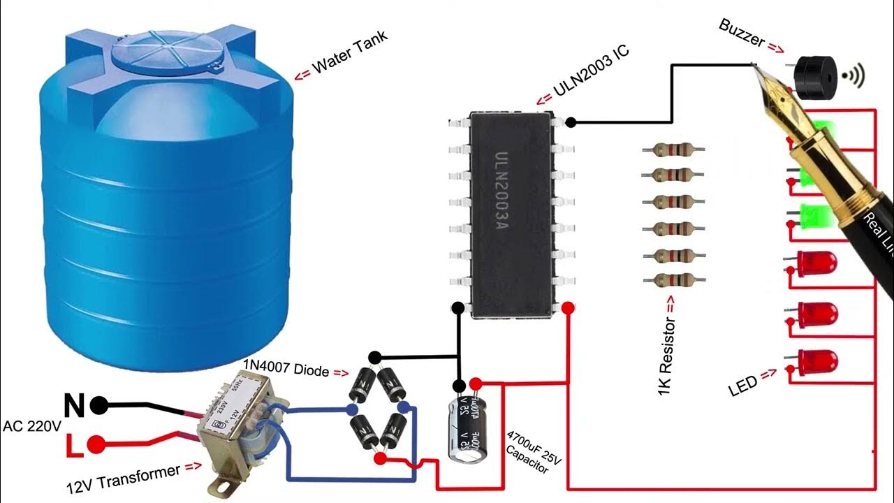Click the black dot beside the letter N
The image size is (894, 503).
pos(99,404)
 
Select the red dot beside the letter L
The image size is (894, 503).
pos(96,444)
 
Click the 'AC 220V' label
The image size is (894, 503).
pos(32,425)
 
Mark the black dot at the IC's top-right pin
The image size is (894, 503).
pos(571,122)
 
